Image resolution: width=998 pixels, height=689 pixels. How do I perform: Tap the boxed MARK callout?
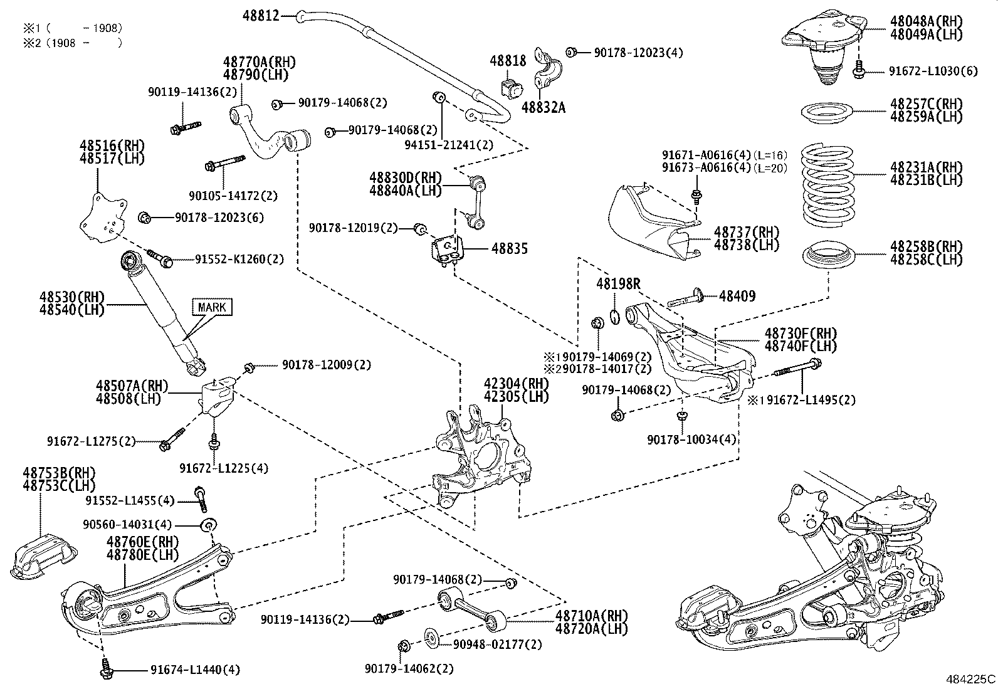point(212,307)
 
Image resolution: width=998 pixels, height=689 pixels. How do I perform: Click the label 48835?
point(509,249)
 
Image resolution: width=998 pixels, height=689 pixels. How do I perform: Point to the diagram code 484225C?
point(970,679)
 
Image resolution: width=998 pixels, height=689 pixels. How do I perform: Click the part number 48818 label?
point(508,61)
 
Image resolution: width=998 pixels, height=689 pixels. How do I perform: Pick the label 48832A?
point(544,108)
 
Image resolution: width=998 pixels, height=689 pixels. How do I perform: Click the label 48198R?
point(618,284)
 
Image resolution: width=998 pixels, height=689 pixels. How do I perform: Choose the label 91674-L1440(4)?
point(195,670)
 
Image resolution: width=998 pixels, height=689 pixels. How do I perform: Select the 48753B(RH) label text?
point(60,472)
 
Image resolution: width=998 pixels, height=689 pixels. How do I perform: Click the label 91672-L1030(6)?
point(933,71)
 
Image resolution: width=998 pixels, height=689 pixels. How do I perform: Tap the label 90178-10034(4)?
point(691,439)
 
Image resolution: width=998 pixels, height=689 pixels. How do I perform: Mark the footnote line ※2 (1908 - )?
point(72,43)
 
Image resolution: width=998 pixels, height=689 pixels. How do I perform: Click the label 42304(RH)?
point(516,384)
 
